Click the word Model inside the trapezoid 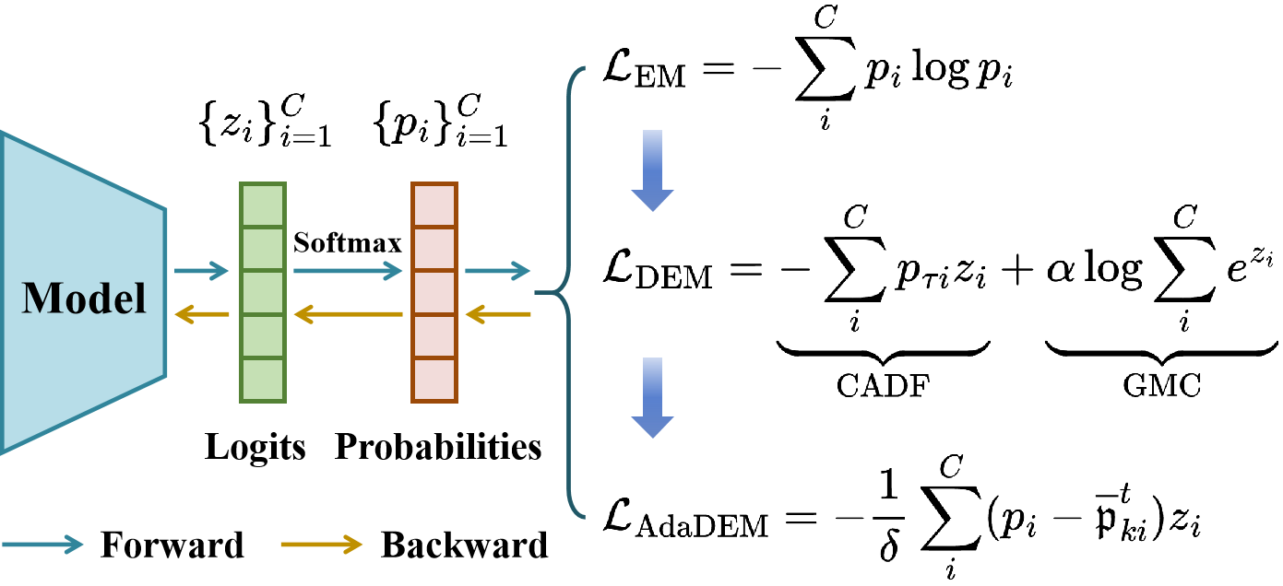pyautogui.click(x=84, y=299)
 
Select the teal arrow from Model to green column pyautogui.click(x=201, y=270)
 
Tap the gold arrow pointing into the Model pyautogui.click(x=201, y=314)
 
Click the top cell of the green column pyautogui.click(x=263, y=205)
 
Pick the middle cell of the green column pyautogui.click(x=263, y=292)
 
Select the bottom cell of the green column pyautogui.click(x=263, y=380)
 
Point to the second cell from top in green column pyautogui.click(x=263, y=249)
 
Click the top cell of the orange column pyautogui.click(x=434, y=205)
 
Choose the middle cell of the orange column pyautogui.click(x=434, y=292)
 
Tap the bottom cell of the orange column pyautogui.click(x=434, y=380)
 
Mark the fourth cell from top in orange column pyautogui.click(x=434, y=336)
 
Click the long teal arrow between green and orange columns pyautogui.click(x=348, y=270)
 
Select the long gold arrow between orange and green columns pyautogui.click(x=348, y=314)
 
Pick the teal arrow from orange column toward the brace pyautogui.click(x=497, y=270)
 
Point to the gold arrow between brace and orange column pyautogui.click(x=497, y=314)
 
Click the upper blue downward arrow pyautogui.click(x=652, y=171)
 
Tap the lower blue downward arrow pyautogui.click(x=652, y=398)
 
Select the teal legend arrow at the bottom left pyautogui.click(x=42, y=545)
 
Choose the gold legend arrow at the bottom pyautogui.click(x=321, y=545)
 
